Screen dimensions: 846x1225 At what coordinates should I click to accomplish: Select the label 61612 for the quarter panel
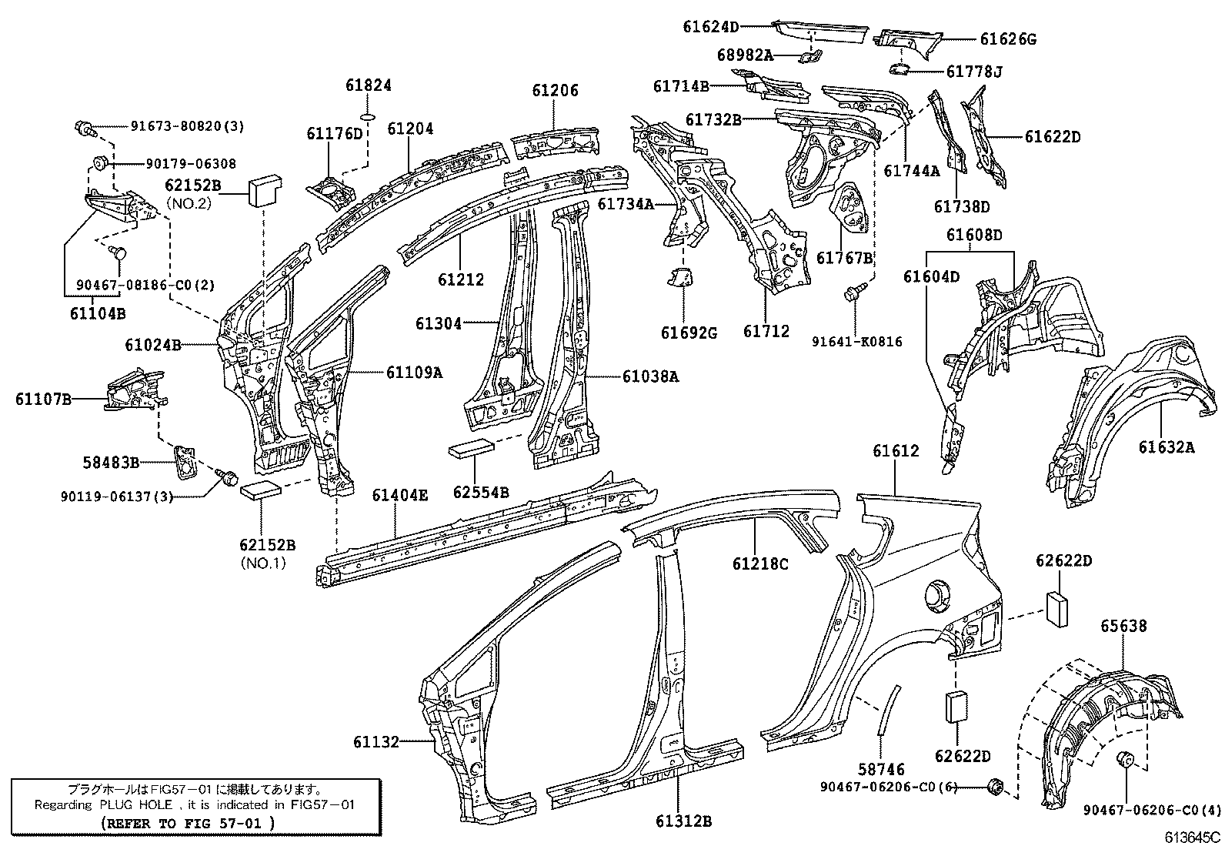[896, 451]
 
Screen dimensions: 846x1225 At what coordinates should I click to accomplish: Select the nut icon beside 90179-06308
[98, 162]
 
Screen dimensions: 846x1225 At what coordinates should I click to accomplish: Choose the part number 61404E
[399, 495]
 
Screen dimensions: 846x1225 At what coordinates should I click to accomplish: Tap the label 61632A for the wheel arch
[1167, 446]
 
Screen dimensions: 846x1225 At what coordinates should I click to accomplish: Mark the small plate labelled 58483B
[185, 463]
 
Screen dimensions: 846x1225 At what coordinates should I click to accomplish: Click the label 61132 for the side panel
[376, 742]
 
